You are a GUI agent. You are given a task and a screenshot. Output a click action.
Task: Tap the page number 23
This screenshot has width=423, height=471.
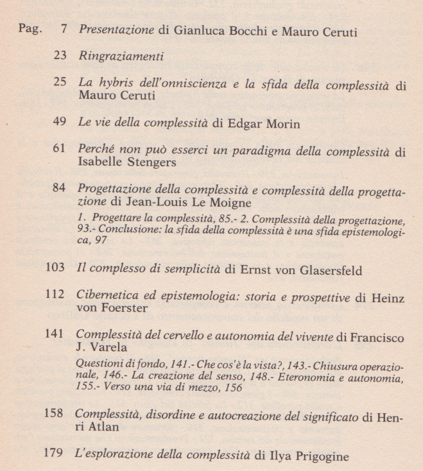coord(60,56)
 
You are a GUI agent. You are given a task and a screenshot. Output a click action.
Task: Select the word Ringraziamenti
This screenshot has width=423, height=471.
coord(121,56)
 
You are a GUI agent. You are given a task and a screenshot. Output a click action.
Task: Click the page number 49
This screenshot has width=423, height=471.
coord(60,123)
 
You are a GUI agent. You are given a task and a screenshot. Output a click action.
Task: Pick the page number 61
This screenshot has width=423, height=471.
coord(60,149)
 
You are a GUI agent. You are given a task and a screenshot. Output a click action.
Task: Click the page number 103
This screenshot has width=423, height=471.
coord(56,270)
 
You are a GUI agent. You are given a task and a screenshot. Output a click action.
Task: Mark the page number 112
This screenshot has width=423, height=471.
coord(56,295)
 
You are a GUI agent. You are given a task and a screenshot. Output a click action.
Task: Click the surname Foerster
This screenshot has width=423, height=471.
coord(125,309)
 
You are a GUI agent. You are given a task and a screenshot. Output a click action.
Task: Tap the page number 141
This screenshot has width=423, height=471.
coord(56,334)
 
